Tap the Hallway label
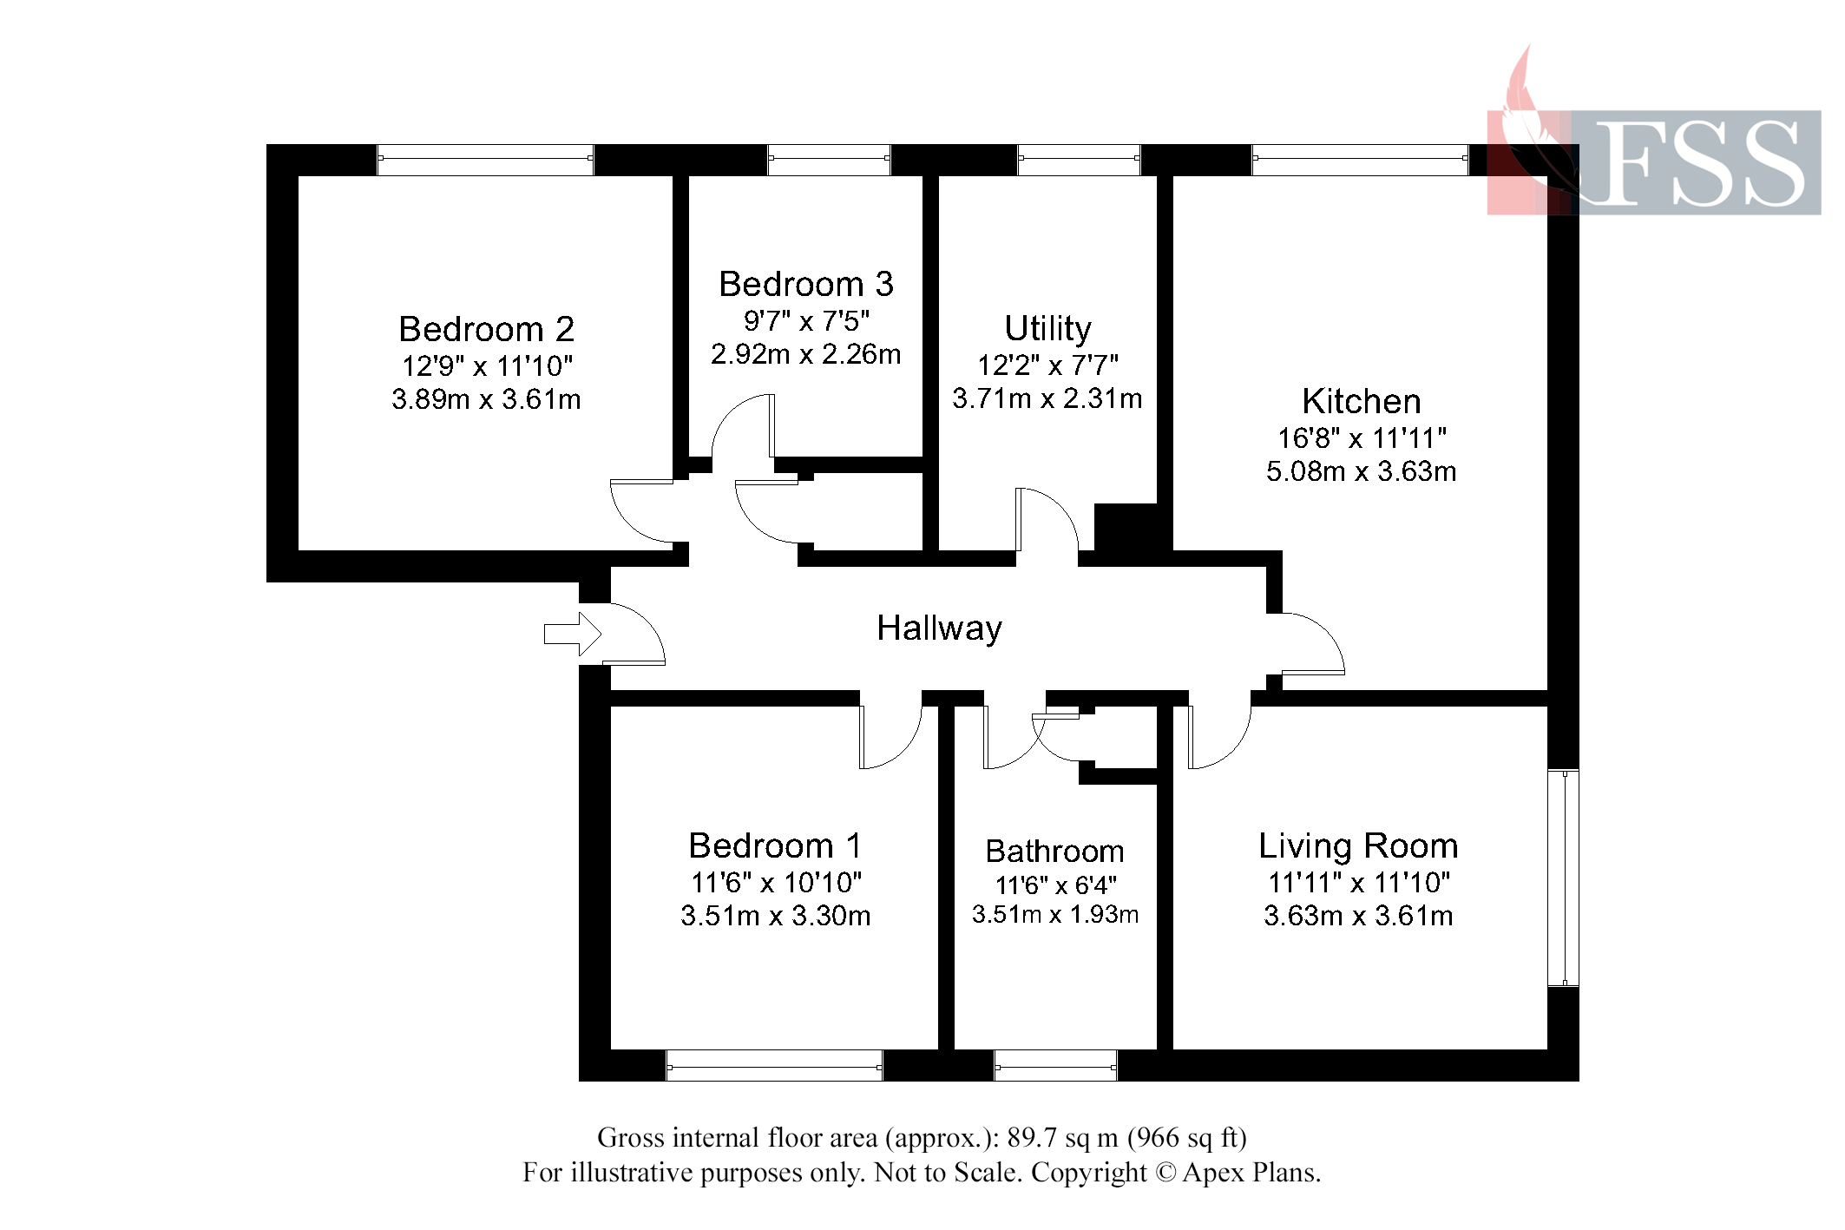(939, 628)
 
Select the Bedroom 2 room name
(486, 329)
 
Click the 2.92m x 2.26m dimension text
(805, 354)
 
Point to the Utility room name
(1047, 328)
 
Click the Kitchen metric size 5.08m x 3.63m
(1361, 471)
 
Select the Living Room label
(1358, 845)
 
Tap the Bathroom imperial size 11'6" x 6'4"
(1055, 885)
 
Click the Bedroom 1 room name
(775, 845)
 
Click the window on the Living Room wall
(1563, 878)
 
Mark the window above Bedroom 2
(485, 160)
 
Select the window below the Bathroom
(1055, 1065)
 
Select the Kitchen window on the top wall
(1360, 160)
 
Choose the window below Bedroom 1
(774, 1065)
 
